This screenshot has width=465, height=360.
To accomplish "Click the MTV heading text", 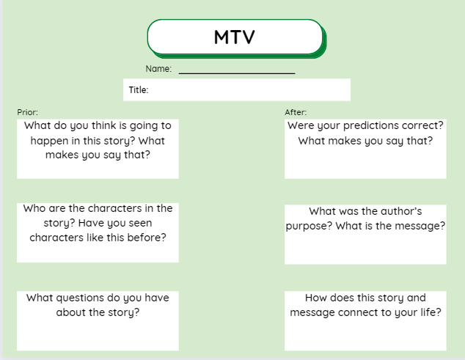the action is [234, 37].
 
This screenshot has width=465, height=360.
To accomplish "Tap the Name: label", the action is [158, 69].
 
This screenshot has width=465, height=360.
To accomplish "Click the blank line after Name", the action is [237, 73].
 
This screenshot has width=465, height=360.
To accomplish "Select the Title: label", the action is [138, 90].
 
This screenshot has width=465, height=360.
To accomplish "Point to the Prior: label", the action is [27, 112].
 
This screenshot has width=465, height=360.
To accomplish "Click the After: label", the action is [296, 112].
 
